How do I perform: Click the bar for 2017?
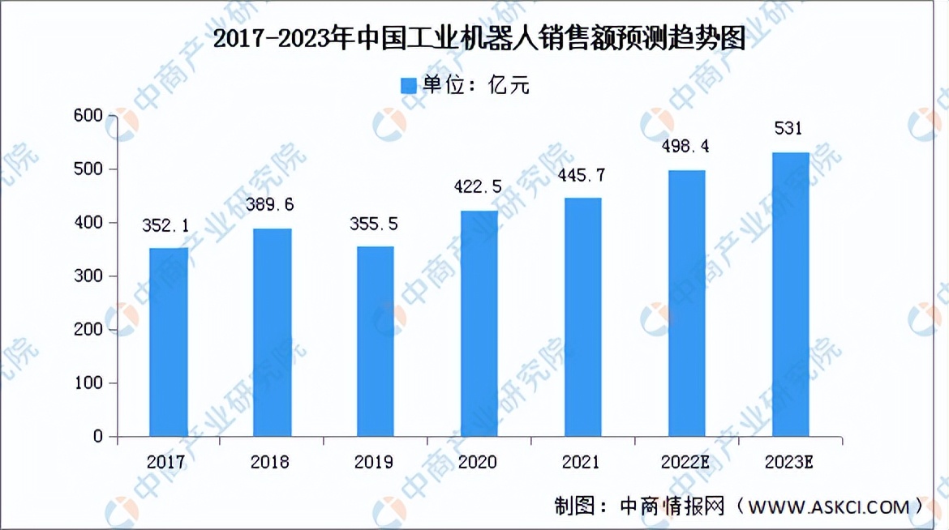coord(169,342)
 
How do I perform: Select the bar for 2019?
coord(376,341)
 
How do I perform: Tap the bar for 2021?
coord(583,317)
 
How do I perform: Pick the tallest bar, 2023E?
coord(791,294)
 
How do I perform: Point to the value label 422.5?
coord(479,186)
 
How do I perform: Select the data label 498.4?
coord(687,147)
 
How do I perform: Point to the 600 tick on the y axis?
coord(89,116)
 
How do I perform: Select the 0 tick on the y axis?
coord(99,437)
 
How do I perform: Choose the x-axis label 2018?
coord(270,462)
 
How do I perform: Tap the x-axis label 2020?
coord(478,462)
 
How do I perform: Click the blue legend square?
coord(408,85)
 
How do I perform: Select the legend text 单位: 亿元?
coord(476,85)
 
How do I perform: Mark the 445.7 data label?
coord(583,175)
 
